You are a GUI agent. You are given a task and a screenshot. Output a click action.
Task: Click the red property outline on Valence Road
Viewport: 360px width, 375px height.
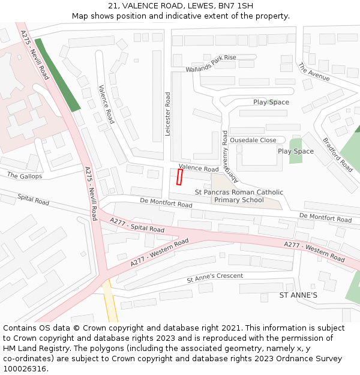point(179,177)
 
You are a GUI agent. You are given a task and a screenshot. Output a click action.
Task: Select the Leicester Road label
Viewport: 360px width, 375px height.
point(168,113)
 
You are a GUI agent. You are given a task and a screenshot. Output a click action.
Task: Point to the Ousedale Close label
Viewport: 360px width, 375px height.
point(253,140)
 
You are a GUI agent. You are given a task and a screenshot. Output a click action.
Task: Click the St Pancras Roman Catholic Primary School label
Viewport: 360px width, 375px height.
point(239,196)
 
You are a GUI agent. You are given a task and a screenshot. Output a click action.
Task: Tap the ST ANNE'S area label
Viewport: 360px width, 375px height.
point(298,296)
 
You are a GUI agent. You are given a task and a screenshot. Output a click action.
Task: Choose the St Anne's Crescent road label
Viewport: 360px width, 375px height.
point(215,278)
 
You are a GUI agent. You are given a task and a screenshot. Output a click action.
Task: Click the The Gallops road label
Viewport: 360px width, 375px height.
point(25,176)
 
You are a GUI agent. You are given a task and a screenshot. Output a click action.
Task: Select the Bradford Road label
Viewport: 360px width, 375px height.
point(338,155)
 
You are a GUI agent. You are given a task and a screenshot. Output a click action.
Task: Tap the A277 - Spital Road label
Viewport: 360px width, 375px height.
point(137,225)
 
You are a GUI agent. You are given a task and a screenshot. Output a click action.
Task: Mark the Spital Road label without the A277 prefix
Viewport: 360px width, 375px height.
point(33,199)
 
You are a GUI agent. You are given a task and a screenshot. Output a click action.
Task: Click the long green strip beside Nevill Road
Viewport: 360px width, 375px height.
point(58,75)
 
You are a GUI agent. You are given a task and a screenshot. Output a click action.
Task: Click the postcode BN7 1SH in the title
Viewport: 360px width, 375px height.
point(235,6)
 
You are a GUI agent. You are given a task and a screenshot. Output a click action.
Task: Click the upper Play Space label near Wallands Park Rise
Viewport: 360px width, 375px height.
point(271,102)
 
